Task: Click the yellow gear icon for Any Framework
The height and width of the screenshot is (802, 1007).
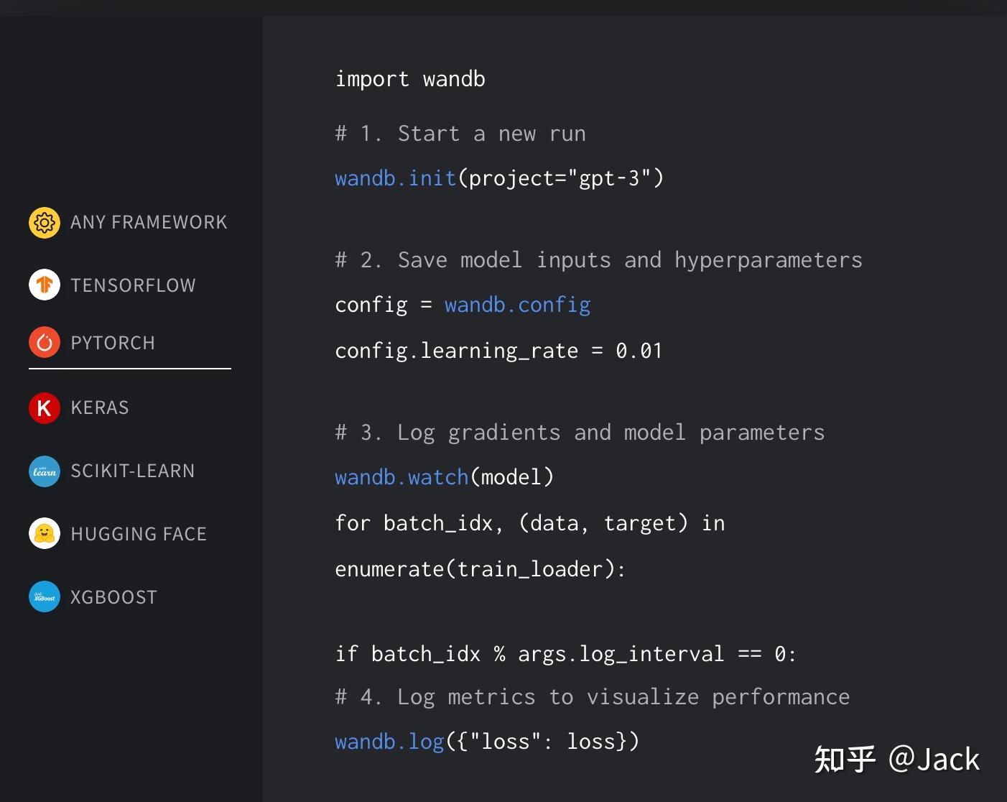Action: point(45,223)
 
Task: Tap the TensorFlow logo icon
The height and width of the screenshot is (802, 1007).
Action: point(45,285)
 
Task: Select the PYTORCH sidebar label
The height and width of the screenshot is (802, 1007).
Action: point(113,343)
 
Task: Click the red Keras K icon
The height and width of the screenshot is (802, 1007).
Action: point(45,408)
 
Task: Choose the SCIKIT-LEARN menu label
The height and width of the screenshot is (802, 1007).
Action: point(133,471)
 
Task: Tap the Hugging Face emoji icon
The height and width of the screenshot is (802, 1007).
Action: point(45,533)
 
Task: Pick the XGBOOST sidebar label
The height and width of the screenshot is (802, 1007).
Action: point(113,597)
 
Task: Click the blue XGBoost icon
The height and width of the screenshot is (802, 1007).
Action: point(45,596)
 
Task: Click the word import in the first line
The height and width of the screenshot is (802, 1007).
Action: point(372,79)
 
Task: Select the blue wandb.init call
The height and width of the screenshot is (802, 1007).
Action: point(396,178)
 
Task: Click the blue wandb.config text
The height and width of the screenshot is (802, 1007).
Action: point(517,305)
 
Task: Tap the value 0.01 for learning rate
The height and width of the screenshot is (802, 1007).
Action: point(639,351)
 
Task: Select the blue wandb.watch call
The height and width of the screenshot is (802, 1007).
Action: point(402,477)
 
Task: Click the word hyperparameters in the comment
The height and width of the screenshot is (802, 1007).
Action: point(769,260)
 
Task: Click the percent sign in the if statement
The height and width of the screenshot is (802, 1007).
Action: point(499,654)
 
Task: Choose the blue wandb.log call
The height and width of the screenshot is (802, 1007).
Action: point(390,742)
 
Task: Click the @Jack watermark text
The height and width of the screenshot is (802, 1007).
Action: point(934,760)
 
